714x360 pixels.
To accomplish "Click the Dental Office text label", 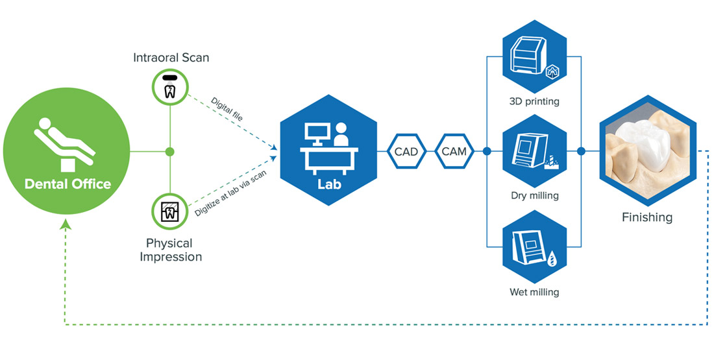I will (68, 184).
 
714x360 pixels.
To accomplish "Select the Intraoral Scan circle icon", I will (169, 87).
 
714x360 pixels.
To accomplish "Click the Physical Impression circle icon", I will (169, 212).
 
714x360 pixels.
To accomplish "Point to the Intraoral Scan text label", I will (172, 58).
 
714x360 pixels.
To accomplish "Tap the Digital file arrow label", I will (227, 110).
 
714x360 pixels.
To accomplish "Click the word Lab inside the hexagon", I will (328, 184).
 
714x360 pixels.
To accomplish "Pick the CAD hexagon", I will (406, 152).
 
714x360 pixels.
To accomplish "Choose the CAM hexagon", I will (453, 152).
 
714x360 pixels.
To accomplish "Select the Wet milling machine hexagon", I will (534, 246).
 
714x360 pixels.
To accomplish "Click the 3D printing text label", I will (534, 101).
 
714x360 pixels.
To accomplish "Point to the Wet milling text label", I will (534, 292).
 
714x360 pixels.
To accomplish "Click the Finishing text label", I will (646, 217).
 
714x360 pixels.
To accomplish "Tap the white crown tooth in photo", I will (642, 141).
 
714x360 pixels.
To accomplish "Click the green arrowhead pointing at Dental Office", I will (65, 224).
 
